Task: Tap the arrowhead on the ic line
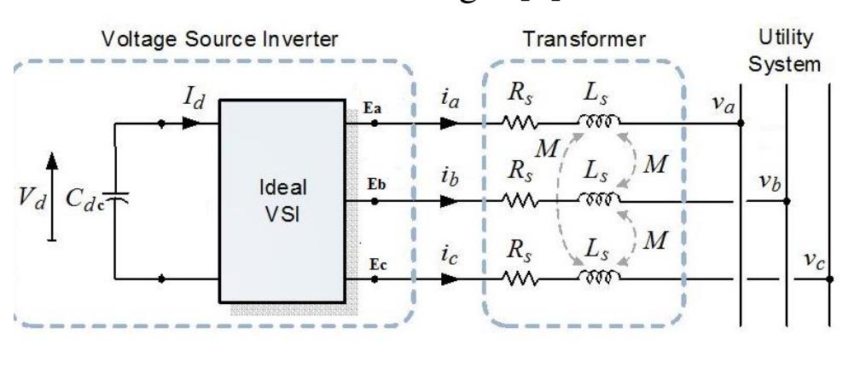tap(447, 279)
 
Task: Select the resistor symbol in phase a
tap(518, 124)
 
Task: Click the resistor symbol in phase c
tap(518, 279)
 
